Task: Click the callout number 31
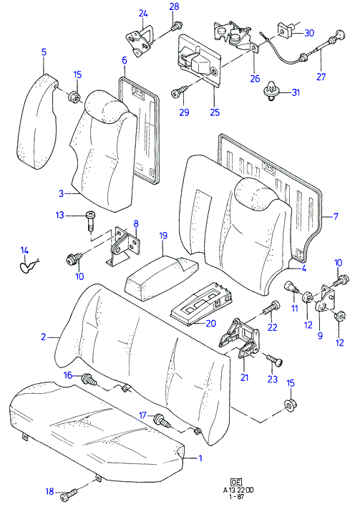point(296,92)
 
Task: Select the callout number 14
point(24,250)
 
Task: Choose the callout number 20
point(210,323)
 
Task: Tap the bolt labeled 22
point(271,307)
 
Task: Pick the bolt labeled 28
point(177,26)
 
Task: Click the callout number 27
point(321,77)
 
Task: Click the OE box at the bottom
point(235,482)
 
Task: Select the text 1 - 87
point(238,497)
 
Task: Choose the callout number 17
point(143,415)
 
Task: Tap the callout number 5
point(44,52)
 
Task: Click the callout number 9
point(320,335)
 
